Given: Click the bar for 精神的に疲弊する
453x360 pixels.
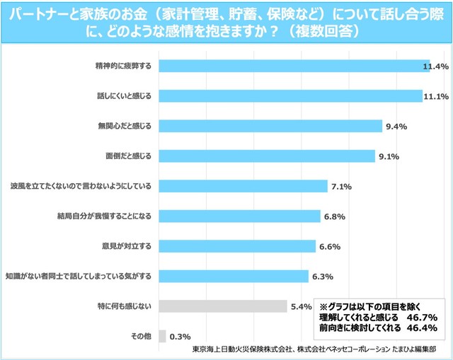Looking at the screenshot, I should click(x=294, y=66).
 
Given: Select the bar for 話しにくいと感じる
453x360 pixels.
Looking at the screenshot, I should click(x=290, y=95).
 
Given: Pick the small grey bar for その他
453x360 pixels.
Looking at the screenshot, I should click(x=163, y=336).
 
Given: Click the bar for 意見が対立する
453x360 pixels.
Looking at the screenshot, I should click(x=237, y=246).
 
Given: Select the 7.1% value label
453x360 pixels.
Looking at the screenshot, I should click(x=342, y=187).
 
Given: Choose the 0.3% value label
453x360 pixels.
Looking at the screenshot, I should click(x=180, y=337).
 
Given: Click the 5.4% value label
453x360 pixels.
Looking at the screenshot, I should click(x=301, y=307).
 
